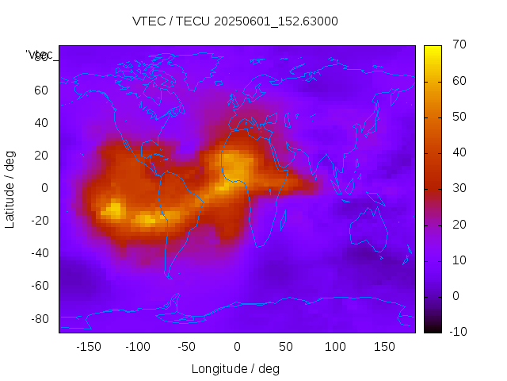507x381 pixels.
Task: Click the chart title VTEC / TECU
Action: (235, 21)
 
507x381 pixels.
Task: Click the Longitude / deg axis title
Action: (235, 368)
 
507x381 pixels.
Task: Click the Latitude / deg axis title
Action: (10, 188)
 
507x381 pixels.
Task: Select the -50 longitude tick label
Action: (187, 347)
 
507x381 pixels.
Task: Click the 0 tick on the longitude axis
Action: (236, 347)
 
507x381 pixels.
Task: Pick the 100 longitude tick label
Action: (335, 347)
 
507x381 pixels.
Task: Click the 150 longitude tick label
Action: (384, 347)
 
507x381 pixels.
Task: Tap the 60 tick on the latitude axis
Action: (41, 90)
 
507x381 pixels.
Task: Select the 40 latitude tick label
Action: (41, 122)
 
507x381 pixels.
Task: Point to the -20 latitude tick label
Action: (39, 221)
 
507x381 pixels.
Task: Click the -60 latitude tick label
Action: (39, 286)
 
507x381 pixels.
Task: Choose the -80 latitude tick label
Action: (39, 318)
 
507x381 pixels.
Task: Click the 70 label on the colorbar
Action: (458, 45)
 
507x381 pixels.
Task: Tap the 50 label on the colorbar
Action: (458, 117)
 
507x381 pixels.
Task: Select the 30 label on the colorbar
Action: (458, 188)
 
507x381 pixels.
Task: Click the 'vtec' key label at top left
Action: (40, 55)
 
